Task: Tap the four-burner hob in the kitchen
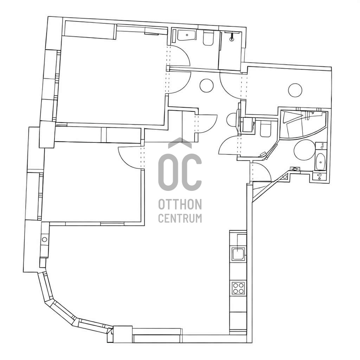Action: [x=238, y=288]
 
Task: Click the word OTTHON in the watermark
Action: [x=180, y=204]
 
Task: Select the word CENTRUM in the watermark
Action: [x=180, y=218]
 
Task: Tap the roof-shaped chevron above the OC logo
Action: [x=180, y=143]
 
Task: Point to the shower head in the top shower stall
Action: [x=232, y=37]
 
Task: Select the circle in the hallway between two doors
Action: [x=206, y=85]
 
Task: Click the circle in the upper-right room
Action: [x=295, y=90]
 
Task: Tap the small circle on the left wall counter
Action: [x=45, y=239]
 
